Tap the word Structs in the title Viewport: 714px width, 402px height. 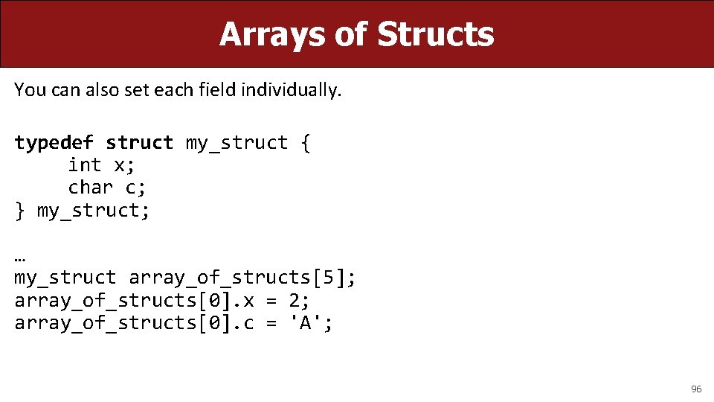click(435, 34)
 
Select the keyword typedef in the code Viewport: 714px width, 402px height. click(54, 143)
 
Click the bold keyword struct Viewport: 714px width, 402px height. click(140, 143)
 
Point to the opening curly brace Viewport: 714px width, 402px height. click(306, 143)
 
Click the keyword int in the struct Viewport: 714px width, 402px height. click(85, 165)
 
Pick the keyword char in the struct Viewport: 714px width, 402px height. click(91, 188)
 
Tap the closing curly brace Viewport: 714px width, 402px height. click(20, 211)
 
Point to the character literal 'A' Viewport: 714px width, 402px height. click(306, 323)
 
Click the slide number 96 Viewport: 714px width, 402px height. click(696, 389)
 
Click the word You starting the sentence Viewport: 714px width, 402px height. click(30, 90)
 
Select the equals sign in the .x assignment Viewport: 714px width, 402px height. click(271, 301)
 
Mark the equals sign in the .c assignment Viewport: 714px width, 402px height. click(271, 323)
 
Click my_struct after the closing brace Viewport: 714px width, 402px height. click(94, 211)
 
